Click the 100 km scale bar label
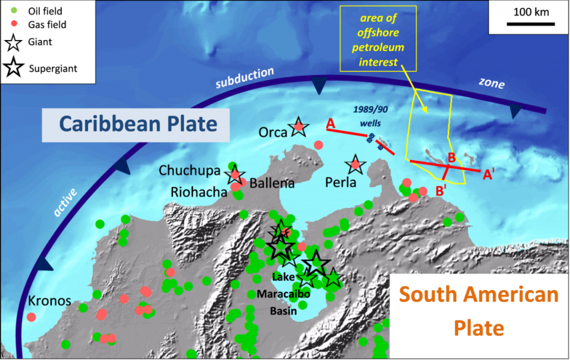530,12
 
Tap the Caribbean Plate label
138,124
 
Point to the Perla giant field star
355,164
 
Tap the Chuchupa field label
190,170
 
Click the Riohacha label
199,192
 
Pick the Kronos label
50,301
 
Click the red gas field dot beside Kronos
31,317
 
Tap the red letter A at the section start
331,124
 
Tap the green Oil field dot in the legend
15,11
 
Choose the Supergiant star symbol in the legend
13,68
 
